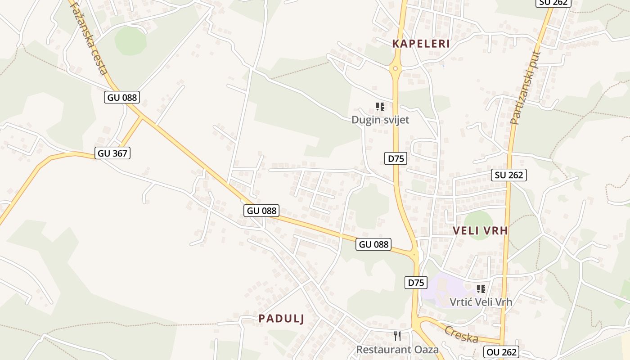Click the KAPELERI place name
421,44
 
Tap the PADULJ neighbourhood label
281,319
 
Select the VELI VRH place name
480,231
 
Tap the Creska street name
461,334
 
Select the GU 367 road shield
113,153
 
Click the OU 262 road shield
501,351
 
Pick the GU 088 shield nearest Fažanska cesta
122,97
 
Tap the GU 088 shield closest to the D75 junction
373,244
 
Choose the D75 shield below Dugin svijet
396,158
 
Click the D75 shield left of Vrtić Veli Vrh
416,283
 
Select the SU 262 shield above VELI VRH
509,175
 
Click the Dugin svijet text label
380,120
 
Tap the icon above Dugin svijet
380,107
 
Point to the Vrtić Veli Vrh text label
481,301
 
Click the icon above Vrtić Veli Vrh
481,288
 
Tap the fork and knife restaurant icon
397,336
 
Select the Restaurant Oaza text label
397,349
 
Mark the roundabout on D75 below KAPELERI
395,69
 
